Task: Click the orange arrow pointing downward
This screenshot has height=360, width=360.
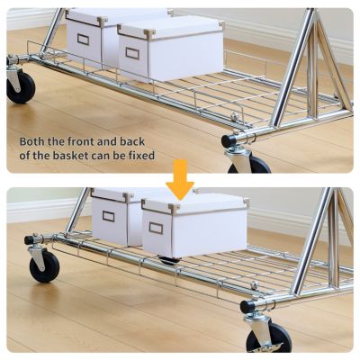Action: (x=180, y=179)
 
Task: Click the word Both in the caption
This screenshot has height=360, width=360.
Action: (x=32, y=141)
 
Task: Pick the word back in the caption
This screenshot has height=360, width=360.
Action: (x=132, y=141)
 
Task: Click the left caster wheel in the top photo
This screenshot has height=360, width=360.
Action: (x=21, y=88)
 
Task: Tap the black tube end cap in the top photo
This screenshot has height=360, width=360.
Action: (x=229, y=140)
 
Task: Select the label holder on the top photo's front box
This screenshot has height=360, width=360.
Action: (x=132, y=53)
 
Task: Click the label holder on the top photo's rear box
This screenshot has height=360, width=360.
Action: (x=83, y=39)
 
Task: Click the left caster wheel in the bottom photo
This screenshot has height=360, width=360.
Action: (x=44, y=266)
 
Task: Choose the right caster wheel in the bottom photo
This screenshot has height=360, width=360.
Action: (x=269, y=337)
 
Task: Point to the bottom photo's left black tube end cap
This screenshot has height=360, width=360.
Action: (x=30, y=240)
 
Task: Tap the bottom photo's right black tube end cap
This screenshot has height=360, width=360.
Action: (x=247, y=306)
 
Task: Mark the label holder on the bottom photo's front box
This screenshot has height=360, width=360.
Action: (x=156, y=228)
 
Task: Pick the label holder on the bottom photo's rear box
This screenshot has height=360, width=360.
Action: (x=108, y=216)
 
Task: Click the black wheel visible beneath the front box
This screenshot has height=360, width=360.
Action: (x=169, y=260)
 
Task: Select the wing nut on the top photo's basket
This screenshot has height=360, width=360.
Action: (x=233, y=116)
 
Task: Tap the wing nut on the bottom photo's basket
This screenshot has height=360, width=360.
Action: (x=255, y=284)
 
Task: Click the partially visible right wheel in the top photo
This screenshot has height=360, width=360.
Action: (x=249, y=165)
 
